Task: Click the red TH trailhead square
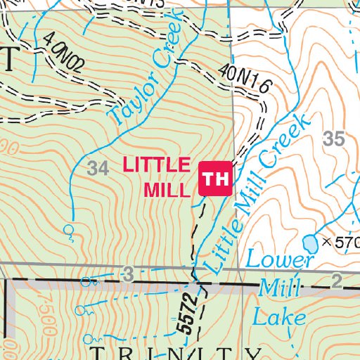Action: point(216,179)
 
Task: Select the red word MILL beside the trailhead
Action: point(167,190)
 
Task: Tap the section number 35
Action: point(334,139)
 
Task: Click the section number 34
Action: point(99,168)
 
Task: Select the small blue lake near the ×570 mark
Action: point(309,243)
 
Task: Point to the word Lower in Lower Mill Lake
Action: point(280,259)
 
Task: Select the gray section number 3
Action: point(127,272)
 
